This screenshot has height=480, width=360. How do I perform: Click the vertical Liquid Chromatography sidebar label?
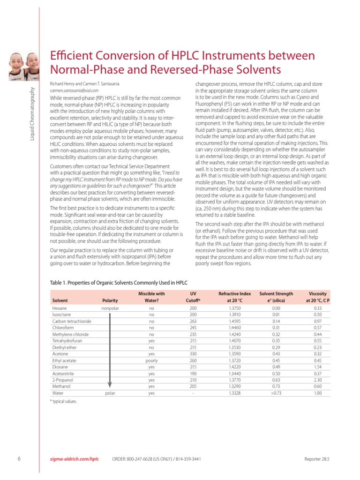coord(32,113)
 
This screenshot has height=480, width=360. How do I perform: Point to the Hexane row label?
coord(59,308)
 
